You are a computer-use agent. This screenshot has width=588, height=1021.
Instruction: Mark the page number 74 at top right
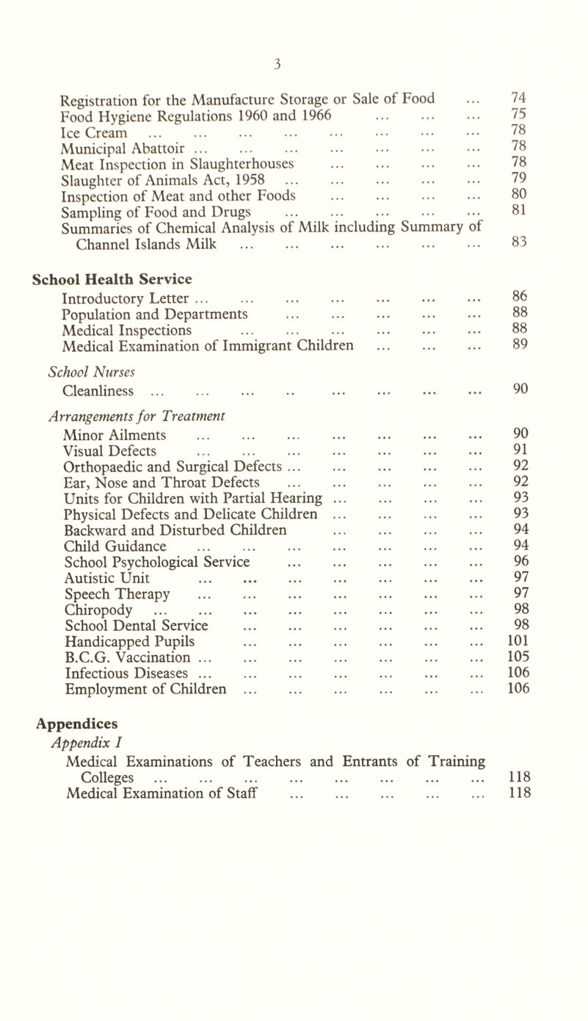pyautogui.click(x=516, y=96)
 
